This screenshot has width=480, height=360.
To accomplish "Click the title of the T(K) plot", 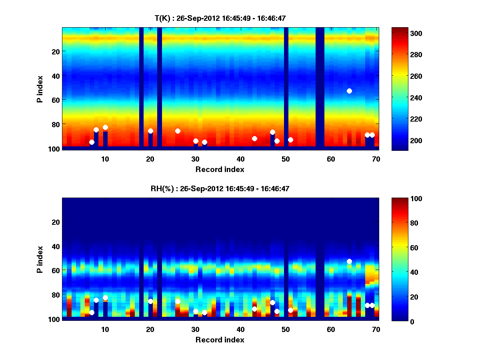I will click(220, 18).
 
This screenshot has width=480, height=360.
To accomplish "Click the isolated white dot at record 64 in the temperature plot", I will click(349, 91).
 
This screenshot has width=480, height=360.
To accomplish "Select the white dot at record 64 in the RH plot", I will click(349, 261).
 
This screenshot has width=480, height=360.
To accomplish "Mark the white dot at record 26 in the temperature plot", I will click(178, 131).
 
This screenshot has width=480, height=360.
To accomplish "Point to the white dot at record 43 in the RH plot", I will click(254, 309).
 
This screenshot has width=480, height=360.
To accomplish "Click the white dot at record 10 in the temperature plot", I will click(105, 127).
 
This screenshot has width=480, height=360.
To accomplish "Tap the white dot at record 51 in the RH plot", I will click(290, 310).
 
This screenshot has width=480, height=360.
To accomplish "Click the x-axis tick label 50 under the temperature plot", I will click(286, 159).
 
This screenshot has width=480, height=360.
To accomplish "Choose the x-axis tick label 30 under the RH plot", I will click(195, 329).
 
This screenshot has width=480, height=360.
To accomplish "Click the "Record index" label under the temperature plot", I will click(220, 169).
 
